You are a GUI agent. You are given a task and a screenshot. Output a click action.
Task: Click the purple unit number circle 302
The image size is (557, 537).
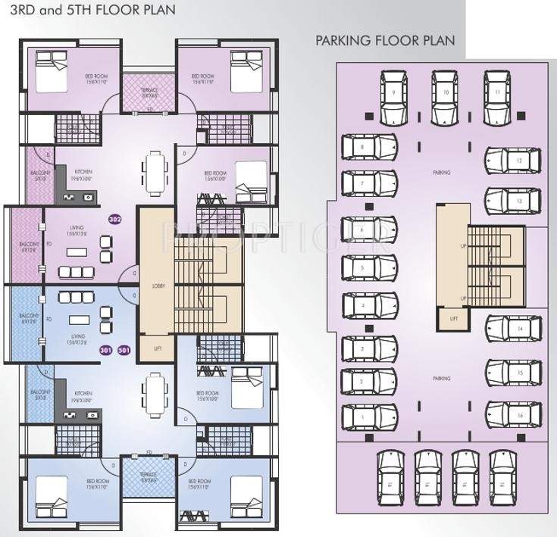pos(116,220)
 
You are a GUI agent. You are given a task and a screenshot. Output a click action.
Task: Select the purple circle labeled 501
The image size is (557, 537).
pos(124,350)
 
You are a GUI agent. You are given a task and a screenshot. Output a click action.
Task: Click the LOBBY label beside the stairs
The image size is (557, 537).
pos(158,286)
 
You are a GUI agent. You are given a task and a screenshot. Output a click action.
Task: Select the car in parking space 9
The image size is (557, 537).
pos(394,98)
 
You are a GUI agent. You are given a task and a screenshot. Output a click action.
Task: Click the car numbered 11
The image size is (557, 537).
pos(497,98)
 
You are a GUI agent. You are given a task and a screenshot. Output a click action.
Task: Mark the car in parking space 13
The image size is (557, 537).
pos(512,201)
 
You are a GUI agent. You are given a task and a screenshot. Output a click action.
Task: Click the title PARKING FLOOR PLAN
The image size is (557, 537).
pos(385,40)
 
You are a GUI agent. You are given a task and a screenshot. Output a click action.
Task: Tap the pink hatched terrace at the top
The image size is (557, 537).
pos(149,92)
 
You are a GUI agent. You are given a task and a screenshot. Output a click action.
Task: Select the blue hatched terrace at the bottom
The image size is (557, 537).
pos(149,479)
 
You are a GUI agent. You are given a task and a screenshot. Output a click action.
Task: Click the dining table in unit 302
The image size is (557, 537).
pos(155,173)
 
